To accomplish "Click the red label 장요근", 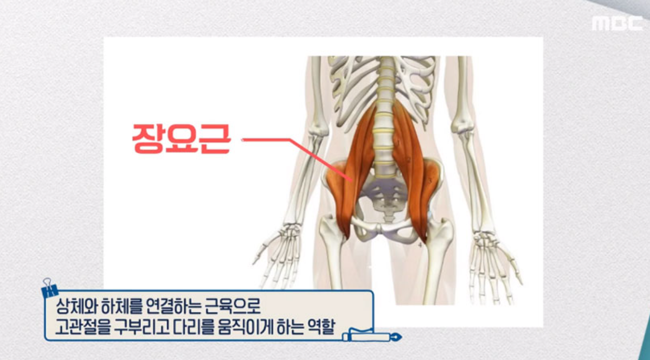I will (x=181, y=139).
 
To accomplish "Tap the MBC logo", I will (x=617, y=23).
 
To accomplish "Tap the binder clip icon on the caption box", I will (x=49, y=288).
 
